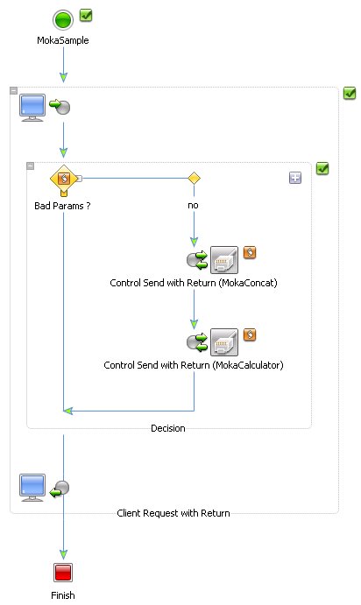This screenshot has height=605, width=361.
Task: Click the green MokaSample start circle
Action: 63,19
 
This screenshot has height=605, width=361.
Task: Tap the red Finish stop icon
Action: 63,572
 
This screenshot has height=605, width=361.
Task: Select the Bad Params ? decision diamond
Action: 64,179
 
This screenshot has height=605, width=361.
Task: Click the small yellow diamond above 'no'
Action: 194,179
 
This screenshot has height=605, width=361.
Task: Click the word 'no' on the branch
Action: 193,205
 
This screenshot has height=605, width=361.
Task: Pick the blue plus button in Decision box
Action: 295,178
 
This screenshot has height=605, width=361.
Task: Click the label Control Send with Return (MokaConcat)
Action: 194,283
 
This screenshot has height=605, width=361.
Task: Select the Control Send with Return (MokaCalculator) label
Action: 194,365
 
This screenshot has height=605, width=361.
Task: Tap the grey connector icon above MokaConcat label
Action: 224,260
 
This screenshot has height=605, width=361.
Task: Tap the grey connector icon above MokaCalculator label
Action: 224,341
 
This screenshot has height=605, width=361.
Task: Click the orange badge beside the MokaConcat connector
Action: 250,252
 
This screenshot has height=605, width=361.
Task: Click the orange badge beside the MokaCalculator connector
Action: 250,334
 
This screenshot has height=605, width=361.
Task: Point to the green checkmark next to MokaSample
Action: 86,16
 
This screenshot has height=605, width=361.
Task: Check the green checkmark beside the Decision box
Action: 322,168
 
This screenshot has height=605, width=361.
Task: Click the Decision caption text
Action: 168,428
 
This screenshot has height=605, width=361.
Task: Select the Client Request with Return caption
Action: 173,513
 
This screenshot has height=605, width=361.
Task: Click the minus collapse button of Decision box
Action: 30,165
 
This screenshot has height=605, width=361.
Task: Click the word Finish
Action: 63,595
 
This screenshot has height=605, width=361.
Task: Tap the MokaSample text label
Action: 63,40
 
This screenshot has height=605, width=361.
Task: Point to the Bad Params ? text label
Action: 62,206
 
